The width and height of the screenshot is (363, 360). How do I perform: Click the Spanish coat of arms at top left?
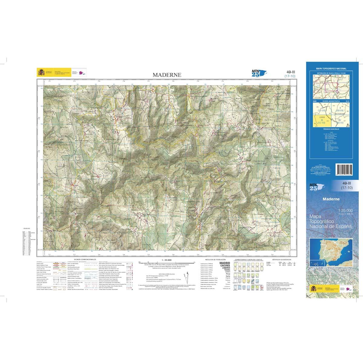41,73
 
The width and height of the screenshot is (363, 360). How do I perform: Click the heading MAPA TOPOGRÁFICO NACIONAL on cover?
331,69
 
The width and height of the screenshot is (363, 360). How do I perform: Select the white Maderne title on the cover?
331,199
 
